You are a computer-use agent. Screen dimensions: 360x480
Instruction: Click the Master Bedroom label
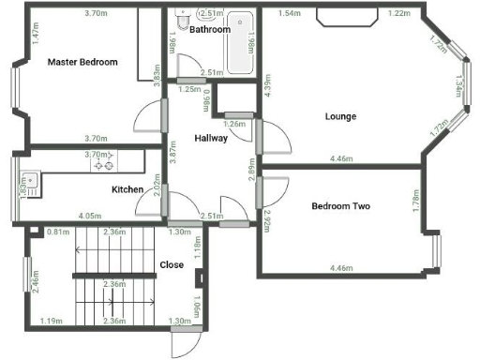pos(83,62)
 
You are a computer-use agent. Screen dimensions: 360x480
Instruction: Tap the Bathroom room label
pos(209,29)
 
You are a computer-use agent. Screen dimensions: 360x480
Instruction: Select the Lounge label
pos(340,116)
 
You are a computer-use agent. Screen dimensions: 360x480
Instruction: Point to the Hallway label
pos(211,139)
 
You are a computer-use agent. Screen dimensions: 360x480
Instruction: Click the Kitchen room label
pos(127,189)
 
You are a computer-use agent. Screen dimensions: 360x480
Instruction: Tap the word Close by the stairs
pos(172,264)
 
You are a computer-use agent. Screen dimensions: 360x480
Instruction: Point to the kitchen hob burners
pos(103,165)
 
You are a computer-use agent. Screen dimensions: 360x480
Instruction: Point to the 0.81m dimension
pos(58,232)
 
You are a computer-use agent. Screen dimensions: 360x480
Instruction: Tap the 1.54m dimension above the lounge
pos(290,14)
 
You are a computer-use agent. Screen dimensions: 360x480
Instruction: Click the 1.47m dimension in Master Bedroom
pos(35,35)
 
